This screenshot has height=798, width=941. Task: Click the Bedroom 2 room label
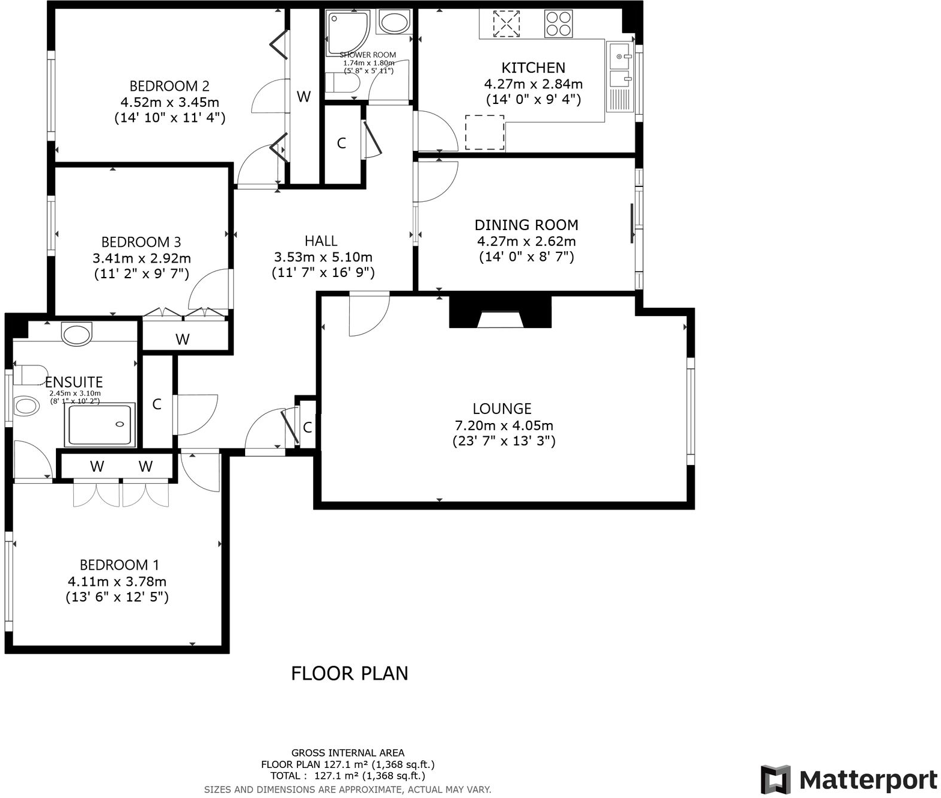(x=169, y=86)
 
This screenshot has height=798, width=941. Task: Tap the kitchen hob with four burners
(x=558, y=24)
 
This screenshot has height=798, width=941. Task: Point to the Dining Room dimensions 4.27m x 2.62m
(x=526, y=242)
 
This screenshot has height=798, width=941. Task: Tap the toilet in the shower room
(x=341, y=83)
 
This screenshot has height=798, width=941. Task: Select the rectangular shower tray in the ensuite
(x=100, y=425)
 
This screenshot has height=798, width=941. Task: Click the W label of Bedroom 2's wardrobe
(x=304, y=97)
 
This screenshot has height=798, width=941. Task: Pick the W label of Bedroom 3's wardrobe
(x=183, y=340)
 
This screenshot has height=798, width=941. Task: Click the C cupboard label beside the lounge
(x=307, y=428)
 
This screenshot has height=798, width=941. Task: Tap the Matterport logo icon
(x=776, y=779)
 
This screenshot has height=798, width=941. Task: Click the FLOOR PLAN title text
(x=349, y=673)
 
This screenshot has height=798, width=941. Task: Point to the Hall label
(x=321, y=241)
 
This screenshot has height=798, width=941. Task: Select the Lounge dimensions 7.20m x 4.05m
(x=504, y=425)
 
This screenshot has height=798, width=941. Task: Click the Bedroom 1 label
(x=120, y=565)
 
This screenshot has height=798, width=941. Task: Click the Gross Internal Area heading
(x=348, y=753)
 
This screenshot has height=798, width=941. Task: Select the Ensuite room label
(x=74, y=382)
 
